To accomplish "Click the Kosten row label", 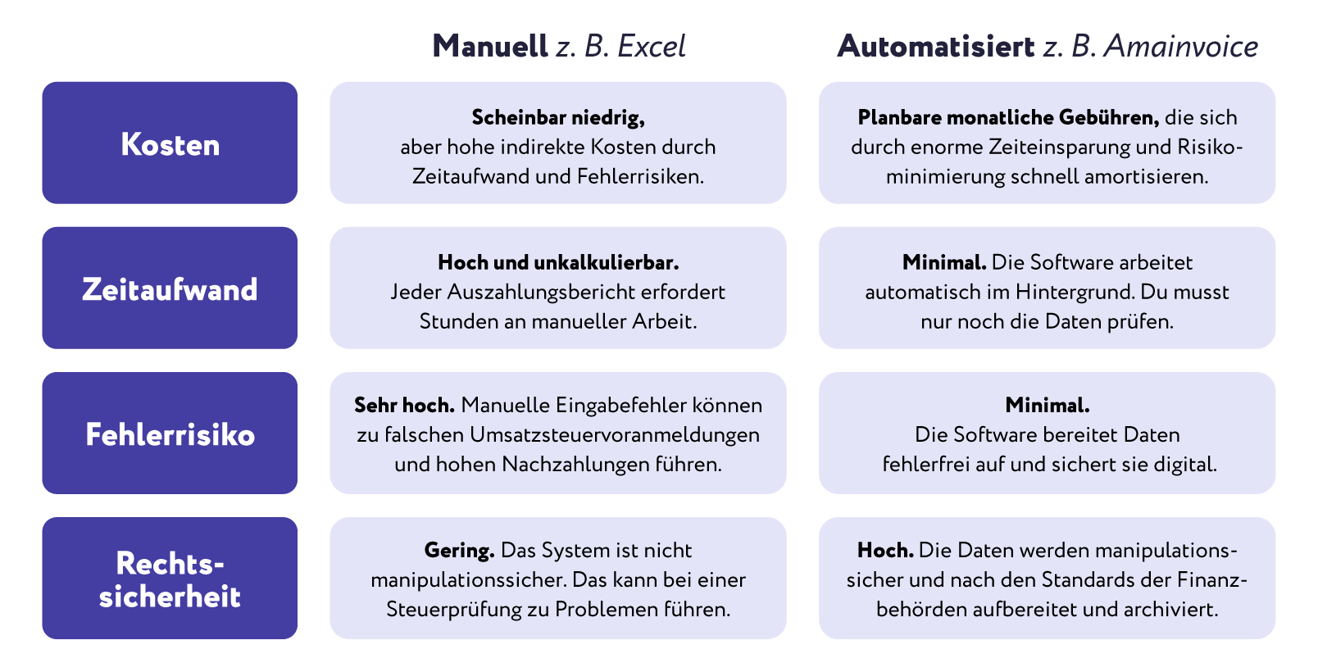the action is (x=170, y=144).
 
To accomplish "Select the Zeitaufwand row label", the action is (x=170, y=289).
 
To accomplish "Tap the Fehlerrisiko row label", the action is (x=170, y=434).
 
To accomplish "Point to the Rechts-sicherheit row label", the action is (x=170, y=579).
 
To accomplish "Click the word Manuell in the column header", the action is (x=490, y=46).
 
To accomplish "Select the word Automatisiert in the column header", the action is (x=936, y=46).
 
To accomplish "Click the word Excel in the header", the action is (x=651, y=46).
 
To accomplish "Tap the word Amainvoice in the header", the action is (x=1181, y=46).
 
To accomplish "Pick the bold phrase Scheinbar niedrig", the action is (x=558, y=117).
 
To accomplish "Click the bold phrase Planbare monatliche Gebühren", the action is (x=1008, y=117).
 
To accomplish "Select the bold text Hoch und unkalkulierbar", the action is (x=558, y=262).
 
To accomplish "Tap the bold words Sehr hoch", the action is (x=404, y=405).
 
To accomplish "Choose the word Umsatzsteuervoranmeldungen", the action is (x=615, y=434).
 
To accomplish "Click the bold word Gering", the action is (x=459, y=550).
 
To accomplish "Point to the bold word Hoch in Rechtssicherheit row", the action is (x=885, y=550).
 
